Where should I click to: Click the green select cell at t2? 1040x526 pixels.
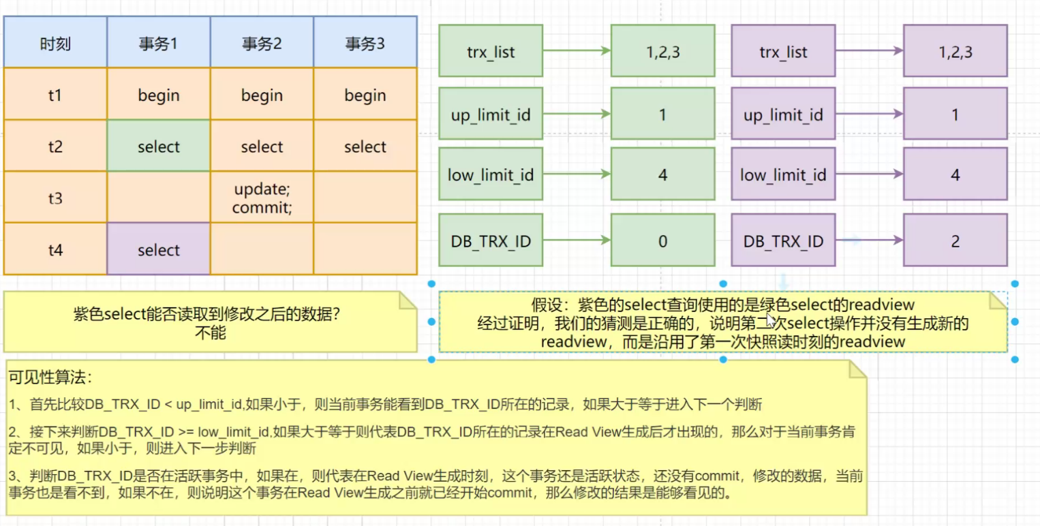click(x=158, y=146)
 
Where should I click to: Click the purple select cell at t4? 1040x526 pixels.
click(x=158, y=250)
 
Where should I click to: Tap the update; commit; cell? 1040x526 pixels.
click(x=262, y=198)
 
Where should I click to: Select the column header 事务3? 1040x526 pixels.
click(x=365, y=44)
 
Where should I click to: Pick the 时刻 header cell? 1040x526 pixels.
click(x=55, y=44)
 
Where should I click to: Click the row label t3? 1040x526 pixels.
click(x=55, y=198)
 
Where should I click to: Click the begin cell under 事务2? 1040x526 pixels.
click(x=262, y=95)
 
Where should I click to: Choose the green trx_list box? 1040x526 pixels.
click(x=490, y=51)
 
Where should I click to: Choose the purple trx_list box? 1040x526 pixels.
click(x=783, y=51)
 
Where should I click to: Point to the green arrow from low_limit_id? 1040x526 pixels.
click(x=576, y=175)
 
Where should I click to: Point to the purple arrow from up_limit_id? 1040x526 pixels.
click(x=869, y=114)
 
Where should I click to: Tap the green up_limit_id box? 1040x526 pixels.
click(x=490, y=114)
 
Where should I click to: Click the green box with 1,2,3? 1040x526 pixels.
click(x=662, y=51)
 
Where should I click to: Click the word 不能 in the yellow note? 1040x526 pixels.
click(x=210, y=333)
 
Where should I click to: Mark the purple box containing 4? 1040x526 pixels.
click(x=955, y=175)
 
